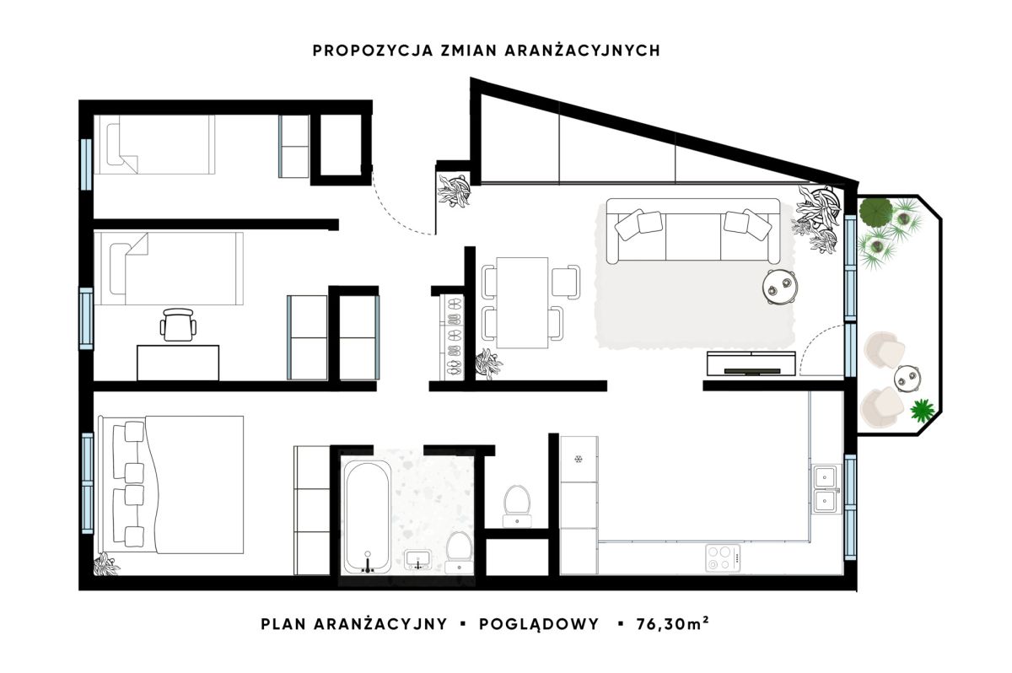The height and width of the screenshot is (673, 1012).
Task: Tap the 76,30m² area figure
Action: click(672, 624)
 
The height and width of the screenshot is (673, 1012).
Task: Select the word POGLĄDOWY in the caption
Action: click(539, 625)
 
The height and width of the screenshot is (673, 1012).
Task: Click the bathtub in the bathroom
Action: click(368, 517)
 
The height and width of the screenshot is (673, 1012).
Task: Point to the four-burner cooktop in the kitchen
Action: click(723, 558)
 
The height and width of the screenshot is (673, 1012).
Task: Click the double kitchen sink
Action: click(826, 488)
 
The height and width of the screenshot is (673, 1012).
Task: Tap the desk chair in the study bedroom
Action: click(178, 325)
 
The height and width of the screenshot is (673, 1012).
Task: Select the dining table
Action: click(522, 303)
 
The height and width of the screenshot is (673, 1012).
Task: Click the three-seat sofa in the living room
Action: click(693, 231)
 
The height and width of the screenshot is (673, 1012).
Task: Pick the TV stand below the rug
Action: click(751, 363)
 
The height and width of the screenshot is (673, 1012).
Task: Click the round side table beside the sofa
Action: click(780, 287)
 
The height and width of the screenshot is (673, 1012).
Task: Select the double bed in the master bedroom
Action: click(172, 485)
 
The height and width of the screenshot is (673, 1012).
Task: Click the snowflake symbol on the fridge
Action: click(578, 460)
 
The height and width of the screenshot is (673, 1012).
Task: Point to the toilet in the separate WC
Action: click(517, 505)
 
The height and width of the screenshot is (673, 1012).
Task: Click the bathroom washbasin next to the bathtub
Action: click(418, 559)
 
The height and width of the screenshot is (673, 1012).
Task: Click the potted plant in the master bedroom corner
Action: click(106, 564)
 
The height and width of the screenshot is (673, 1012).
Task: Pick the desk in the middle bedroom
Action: click(178, 363)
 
